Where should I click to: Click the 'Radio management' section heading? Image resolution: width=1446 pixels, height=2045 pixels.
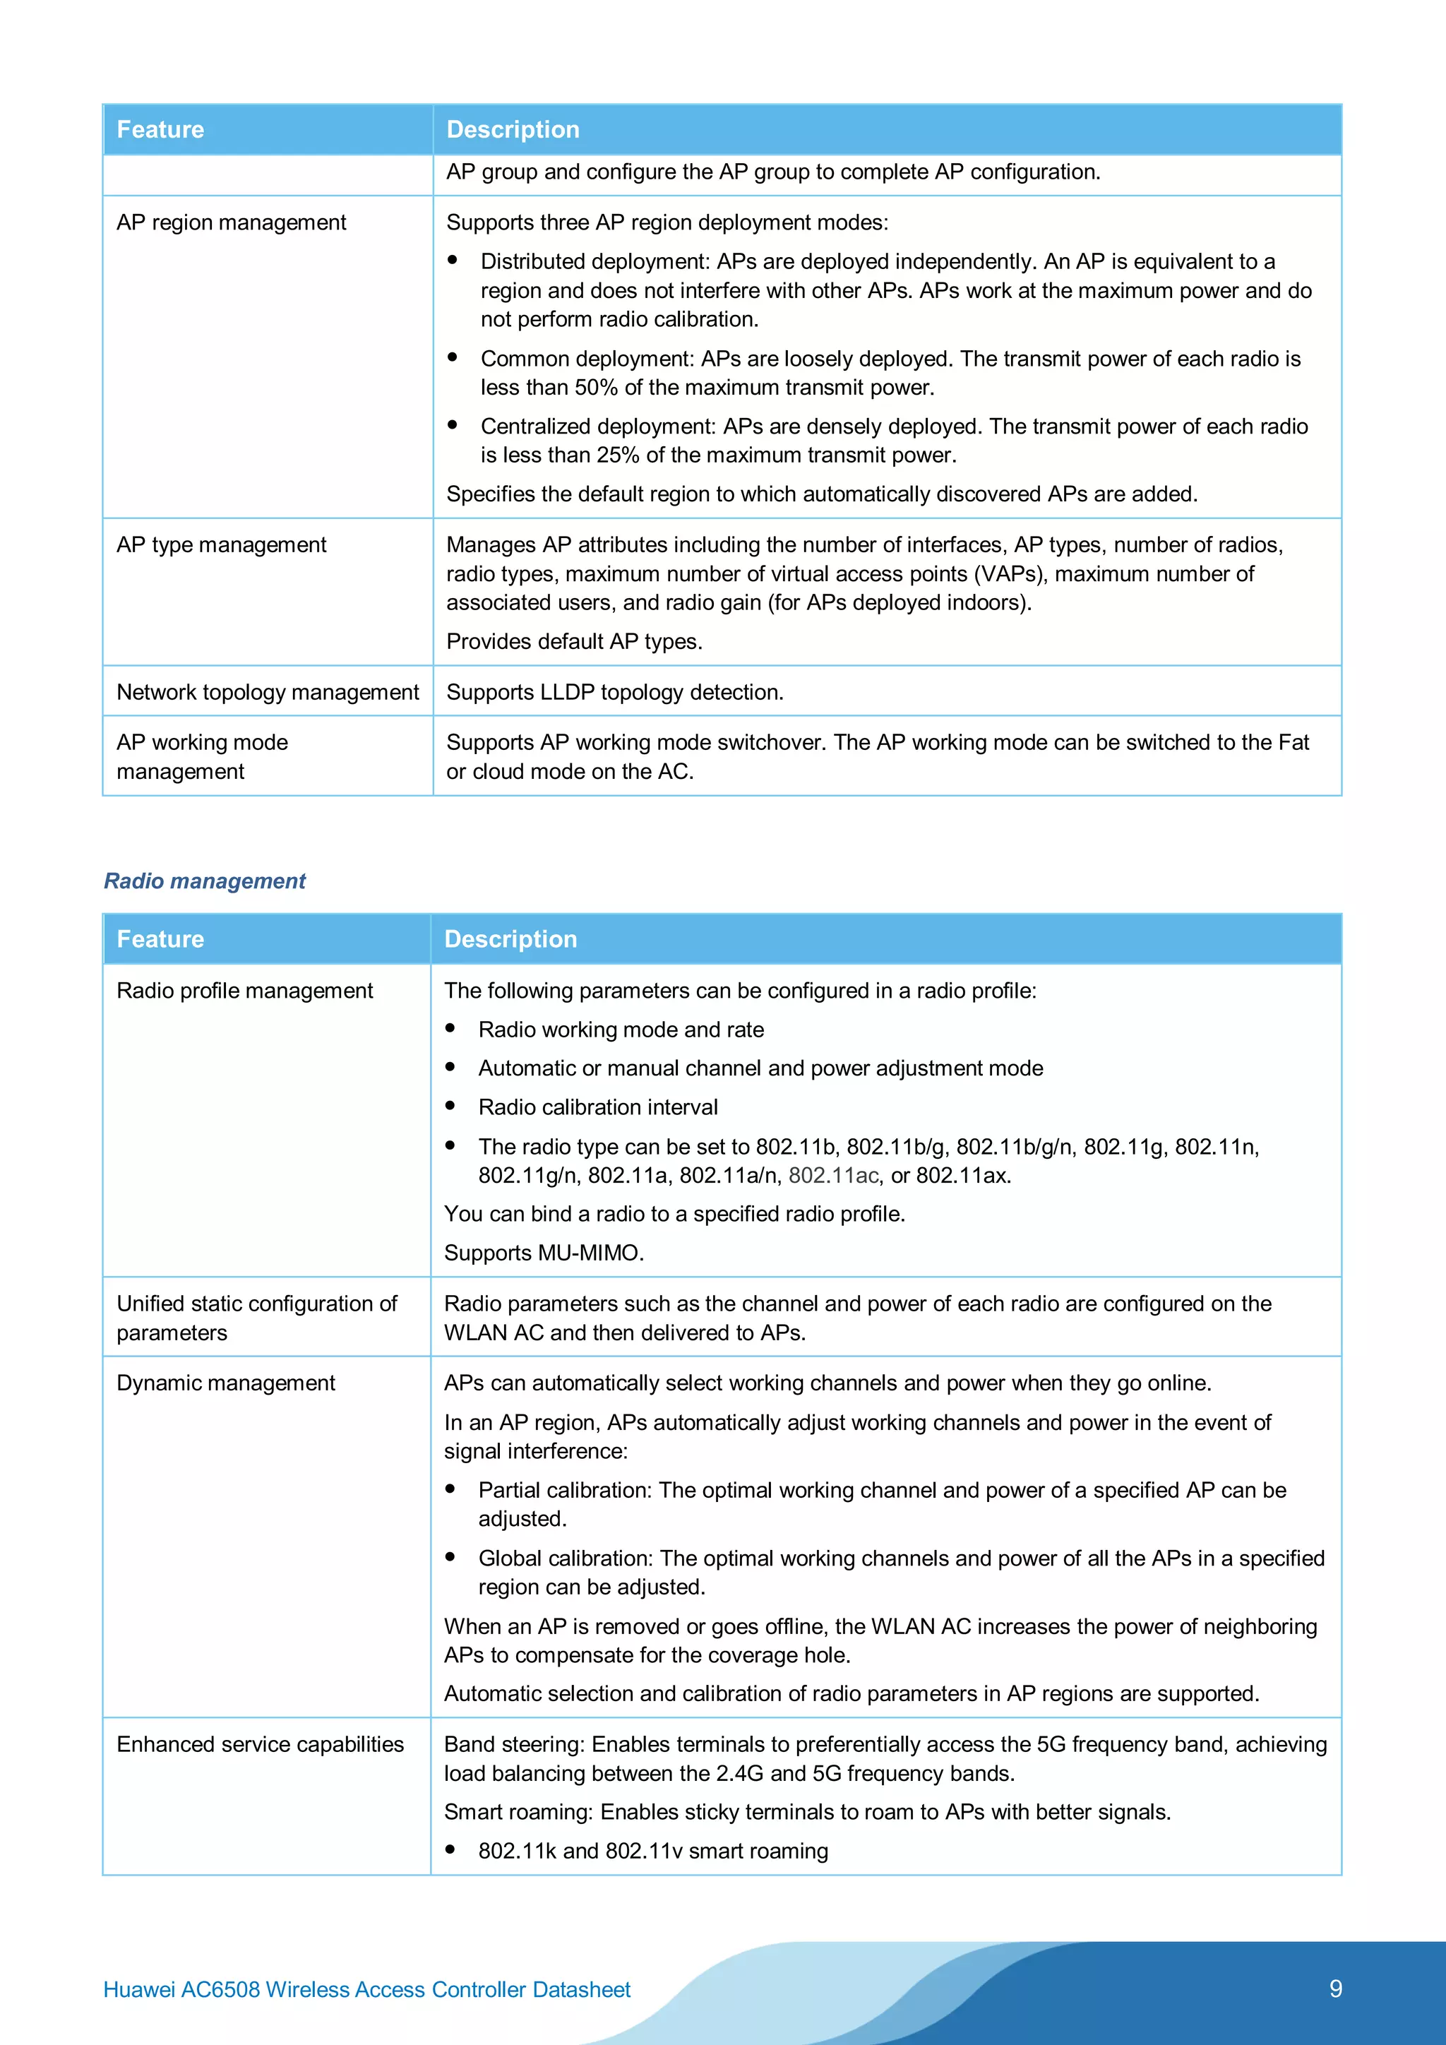point(204,881)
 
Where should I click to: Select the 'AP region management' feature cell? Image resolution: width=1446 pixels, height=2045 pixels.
point(231,222)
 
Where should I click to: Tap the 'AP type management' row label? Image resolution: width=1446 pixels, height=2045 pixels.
point(221,545)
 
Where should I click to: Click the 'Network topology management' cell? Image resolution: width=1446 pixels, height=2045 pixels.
point(267,692)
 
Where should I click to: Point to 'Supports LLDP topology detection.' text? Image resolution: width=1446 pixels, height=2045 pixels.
point(614,692)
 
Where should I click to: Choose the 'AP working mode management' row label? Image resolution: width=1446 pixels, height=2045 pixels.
point(202,756)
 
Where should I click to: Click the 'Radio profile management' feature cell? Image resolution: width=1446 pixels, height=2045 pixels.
point(244,991)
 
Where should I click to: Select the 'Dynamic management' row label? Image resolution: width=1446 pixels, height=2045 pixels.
point(225,1383)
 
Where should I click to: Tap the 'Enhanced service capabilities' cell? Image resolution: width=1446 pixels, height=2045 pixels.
point(260,1744)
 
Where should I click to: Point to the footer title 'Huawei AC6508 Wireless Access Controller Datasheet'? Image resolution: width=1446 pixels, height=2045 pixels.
point(367,1990)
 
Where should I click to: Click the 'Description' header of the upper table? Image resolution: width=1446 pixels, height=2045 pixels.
point(513,130)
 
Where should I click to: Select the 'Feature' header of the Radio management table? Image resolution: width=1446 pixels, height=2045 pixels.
point(160,938)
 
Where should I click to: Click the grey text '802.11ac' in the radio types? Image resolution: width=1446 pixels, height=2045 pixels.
point(833,1176)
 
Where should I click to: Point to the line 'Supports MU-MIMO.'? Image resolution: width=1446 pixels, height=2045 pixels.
point(543,1253)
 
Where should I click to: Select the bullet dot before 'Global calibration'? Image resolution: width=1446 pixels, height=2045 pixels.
point(450,1557)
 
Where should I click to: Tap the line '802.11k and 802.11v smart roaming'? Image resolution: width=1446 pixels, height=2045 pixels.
point(652,1851)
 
